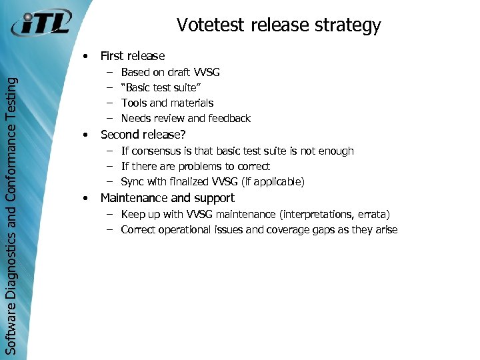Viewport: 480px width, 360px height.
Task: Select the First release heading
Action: (x=132, y=56)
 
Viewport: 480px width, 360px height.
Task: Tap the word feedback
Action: (x=229, y=118)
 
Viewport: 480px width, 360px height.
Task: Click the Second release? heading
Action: (x=143, y=135)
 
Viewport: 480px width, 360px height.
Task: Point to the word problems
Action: (x=200, y=166)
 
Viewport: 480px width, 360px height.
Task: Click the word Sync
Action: (x=133, y=181)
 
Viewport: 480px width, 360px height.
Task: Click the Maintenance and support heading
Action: (x=167, y=198)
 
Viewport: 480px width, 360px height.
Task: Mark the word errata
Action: (x=373, y=214)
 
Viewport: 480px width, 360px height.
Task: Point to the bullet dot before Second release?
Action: (x=85, y=135)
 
